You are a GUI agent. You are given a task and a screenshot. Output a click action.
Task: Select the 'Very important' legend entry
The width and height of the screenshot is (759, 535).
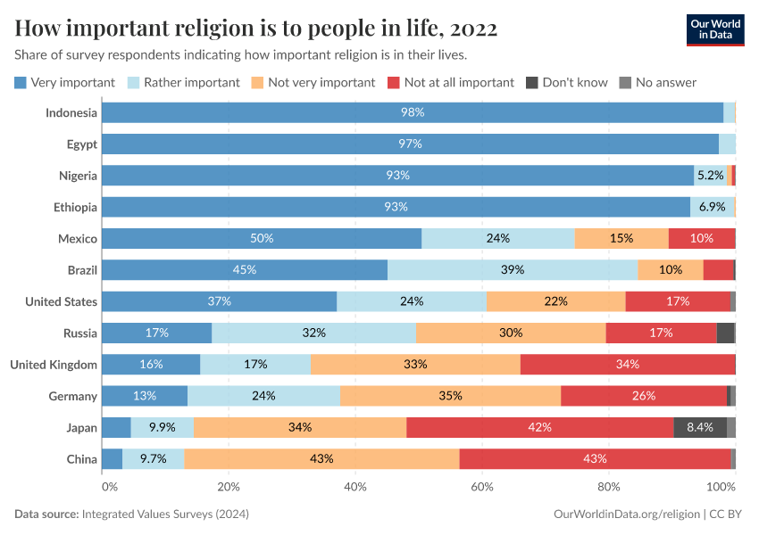coord(64,82)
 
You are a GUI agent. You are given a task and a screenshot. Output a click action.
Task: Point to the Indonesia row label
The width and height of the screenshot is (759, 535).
coord(71,112)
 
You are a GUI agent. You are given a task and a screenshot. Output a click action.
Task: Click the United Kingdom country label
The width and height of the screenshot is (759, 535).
coord(53,364)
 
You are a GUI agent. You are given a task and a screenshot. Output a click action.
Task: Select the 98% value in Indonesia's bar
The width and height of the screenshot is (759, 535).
coord(412,112)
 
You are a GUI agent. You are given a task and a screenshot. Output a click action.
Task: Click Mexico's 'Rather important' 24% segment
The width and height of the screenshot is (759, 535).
coord(497,238)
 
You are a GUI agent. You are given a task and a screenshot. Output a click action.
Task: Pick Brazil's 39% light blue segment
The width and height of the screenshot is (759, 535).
coord(513,269)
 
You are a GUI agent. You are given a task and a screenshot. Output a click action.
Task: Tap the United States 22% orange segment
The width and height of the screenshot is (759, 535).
coord(555,301)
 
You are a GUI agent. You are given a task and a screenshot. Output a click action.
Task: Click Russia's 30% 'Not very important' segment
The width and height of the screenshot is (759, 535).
coord(511,333)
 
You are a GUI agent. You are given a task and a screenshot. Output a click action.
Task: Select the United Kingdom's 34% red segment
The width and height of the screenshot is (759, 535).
coord(627,364)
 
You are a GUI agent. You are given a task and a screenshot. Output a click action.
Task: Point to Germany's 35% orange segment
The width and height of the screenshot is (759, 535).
coord(450,395)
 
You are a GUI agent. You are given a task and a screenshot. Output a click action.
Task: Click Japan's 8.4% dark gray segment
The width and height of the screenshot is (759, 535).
coord(699,427)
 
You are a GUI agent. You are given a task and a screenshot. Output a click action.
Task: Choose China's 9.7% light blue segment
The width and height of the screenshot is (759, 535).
coord(153,458)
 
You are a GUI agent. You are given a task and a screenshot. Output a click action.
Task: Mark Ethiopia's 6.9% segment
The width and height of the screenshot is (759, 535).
coord(712,207)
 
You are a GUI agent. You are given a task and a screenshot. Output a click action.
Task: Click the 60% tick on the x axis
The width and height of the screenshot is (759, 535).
coord(482,487)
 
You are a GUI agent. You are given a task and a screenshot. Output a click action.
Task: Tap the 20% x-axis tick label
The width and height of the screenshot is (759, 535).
coord(229,487)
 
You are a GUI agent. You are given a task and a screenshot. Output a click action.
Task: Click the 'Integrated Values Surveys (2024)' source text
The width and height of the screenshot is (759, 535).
coord(165,514)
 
